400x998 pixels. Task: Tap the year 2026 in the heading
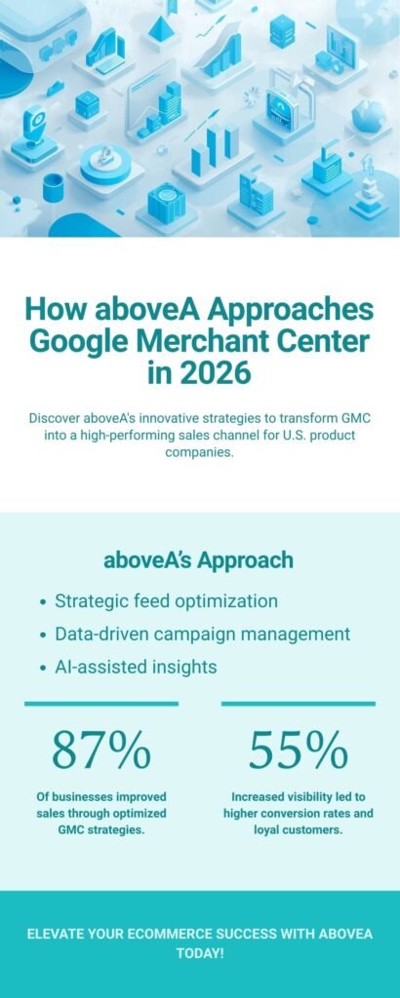pyautogui.click(x=211, y=374)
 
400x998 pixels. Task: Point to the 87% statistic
pyautogui.click(x=101, y=749)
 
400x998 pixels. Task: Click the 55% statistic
pyautogui.click(x=298, y=749)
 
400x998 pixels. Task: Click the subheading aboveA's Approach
pyautogui.click(x=199, y=560)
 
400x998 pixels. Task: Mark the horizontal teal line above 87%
pyautogui.click(x=101, y=703)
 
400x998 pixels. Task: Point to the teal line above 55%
pyautogui.click(x=298, y=703)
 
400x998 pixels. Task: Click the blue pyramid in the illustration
pyautogui.click(x=159, y=29)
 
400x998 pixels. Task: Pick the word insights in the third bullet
pyautogui.click(x=182, y=668)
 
